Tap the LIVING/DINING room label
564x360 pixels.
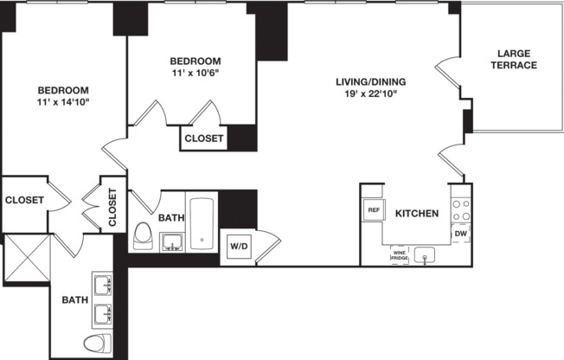click(371, 83)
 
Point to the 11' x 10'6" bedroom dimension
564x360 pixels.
click(195, 74)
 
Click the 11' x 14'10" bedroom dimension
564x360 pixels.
click(62, 103)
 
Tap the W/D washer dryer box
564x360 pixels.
click(238, 246)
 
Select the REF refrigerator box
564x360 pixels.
click(374, 210)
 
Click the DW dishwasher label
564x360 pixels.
click(460, 234)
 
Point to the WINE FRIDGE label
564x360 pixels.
click(399, 255)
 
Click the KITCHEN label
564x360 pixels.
click(416, 213)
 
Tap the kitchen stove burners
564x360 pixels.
click(462, 210)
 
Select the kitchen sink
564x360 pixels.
click(425, 254)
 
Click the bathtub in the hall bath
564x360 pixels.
click(202, 224)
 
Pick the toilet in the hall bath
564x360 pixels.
click(144, 236)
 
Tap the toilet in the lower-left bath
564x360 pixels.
click(97, 342)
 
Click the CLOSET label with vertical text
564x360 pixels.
click(112, 207)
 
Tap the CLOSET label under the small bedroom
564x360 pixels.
click(204, 138)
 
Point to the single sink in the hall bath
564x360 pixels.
click(173, 240)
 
